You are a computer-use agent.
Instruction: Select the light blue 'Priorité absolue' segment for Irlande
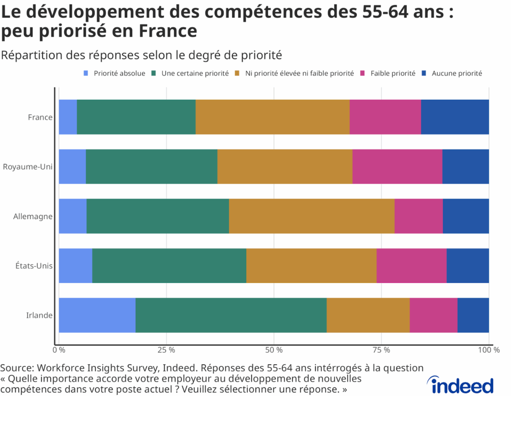point(97,315)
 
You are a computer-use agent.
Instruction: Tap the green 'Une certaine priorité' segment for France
point(136,117)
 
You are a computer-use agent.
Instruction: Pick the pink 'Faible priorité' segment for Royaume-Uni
point(397,167)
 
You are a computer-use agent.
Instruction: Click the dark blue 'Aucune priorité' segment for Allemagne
point(466,216)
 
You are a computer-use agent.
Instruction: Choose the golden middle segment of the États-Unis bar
point(311,265)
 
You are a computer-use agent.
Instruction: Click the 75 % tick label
point(382,350)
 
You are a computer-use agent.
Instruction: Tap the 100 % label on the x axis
point(489,350)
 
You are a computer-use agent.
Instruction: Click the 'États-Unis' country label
point(34,265)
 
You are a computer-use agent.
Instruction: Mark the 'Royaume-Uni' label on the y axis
point(27,167)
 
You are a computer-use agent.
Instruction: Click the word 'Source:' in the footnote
point(16,368)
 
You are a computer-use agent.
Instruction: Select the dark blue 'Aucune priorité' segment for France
point(455,117)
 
